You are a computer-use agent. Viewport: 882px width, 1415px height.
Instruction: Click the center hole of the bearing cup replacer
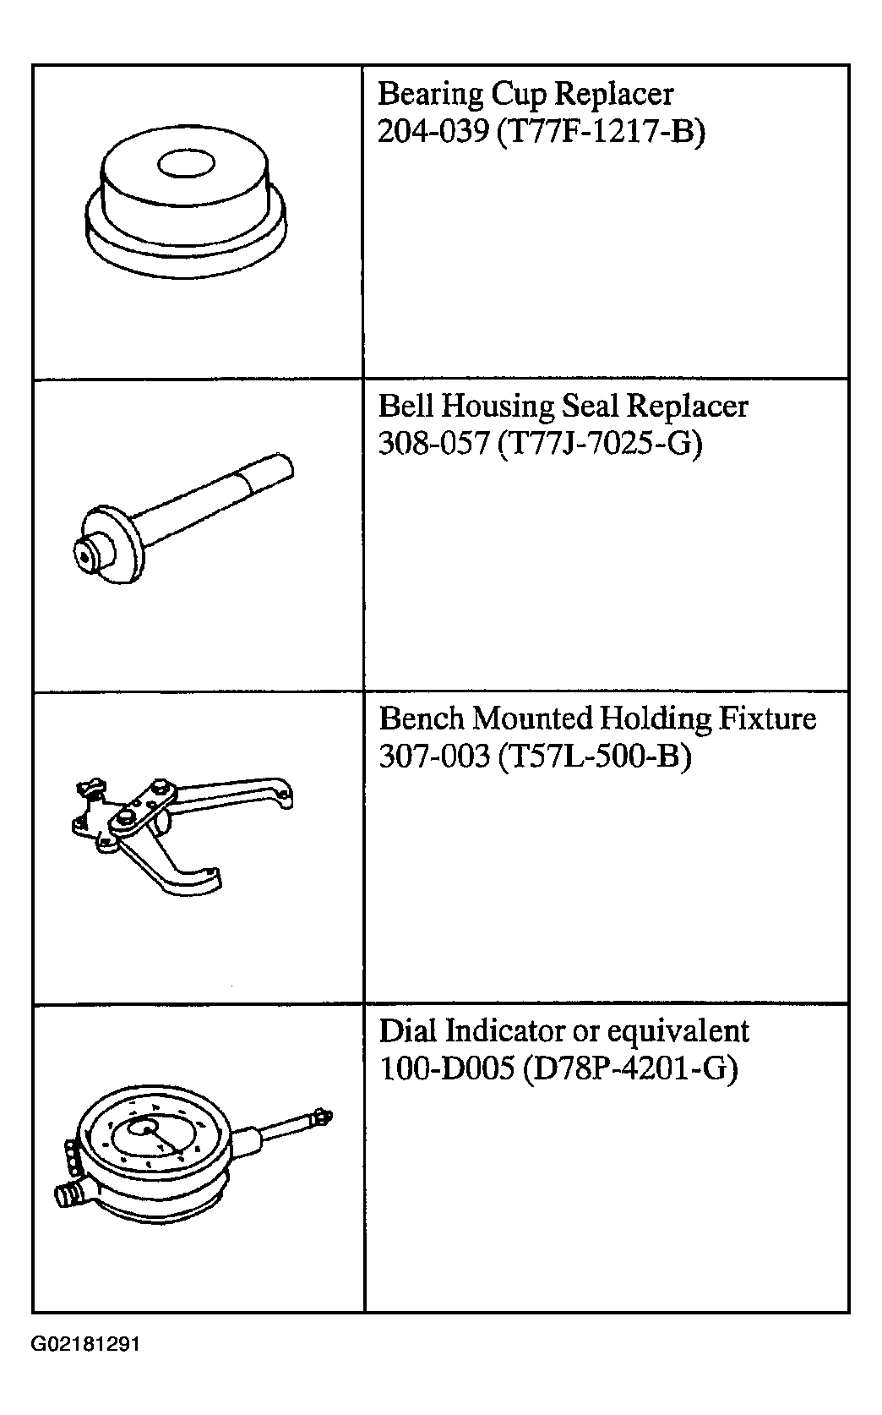point(186,164)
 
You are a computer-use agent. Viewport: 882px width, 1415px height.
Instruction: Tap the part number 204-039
point(433,131)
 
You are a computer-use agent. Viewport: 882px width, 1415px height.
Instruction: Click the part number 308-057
point(433,444)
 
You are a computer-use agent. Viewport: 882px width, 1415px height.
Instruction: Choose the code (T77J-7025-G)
point(600,445)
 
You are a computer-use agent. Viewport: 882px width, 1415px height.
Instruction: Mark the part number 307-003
point(434,757)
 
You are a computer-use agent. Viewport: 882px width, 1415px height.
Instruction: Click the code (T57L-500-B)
point(595,757)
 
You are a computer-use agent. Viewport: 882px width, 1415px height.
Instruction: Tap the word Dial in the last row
point(408,1031)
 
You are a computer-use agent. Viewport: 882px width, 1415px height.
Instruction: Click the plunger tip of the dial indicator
point(324,1117)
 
